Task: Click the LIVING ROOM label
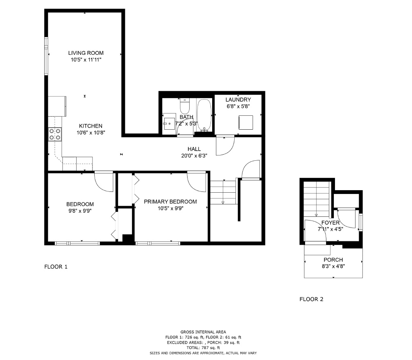click(x=86, y=53)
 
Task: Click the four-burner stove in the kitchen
click(x=55, y=134)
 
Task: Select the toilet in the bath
click(x=184, y=107)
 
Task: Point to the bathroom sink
click(x=169, y=122)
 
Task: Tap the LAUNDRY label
click(x=238, y=99)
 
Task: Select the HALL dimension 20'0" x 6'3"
click(x=194, y=155)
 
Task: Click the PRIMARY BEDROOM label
click(x=170, y=202)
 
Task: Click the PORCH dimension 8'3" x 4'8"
click(x=333, y=266)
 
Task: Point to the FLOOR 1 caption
click(x=56, y=267)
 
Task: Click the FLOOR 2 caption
click(x=311, y=299)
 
